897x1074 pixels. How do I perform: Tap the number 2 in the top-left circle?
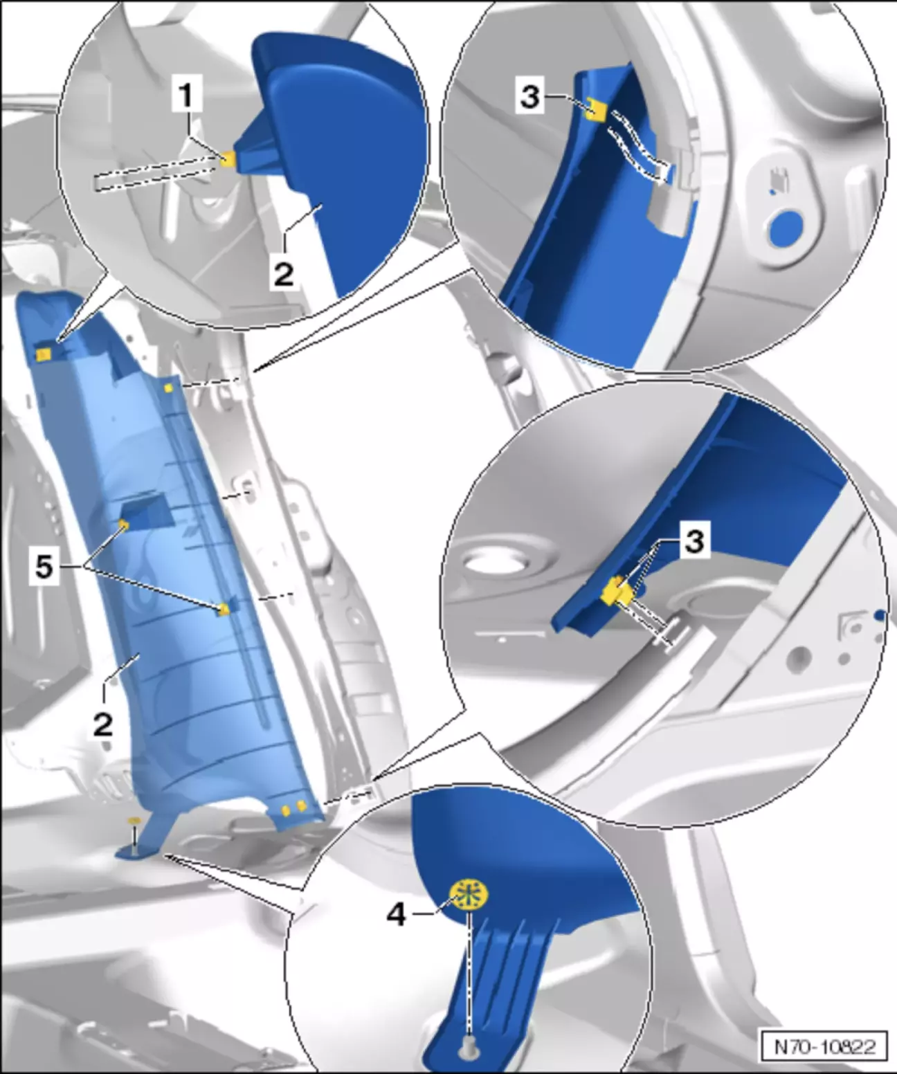point(284,274)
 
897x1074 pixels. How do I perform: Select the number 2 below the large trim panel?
point(103,725)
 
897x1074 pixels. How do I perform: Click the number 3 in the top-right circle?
point(531,97)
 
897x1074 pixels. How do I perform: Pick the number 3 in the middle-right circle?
point(695,541)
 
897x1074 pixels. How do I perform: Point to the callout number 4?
point(397,916)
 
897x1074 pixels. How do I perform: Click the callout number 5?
point(44,568)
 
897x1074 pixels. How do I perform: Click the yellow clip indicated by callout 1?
point(228,159)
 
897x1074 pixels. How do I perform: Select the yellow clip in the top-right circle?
point(596,109)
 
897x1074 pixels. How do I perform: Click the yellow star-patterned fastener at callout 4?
point(469,895)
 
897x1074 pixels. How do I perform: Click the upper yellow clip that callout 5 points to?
point(123,525)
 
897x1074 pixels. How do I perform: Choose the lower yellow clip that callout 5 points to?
point(224,609)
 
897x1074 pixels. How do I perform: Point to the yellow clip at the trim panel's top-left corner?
point(43,353)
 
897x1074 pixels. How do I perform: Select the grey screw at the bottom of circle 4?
point(468,1041)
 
